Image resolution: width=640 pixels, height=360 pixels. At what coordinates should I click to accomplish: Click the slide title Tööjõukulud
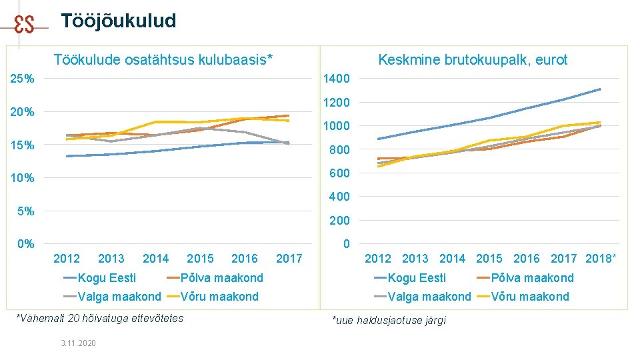pyautogui.click(x=119, y=21)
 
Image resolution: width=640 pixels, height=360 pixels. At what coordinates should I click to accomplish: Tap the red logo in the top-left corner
pyautogui.click(x=24, y=25)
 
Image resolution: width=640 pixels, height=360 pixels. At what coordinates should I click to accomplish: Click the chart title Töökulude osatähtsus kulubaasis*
pyautogui.click(x=163, y=59)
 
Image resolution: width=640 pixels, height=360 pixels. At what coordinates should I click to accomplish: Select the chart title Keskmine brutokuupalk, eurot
pyautogui.click(x=473, y=60)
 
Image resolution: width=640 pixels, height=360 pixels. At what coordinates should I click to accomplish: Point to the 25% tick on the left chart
pyautogui.click(x=22, y=79)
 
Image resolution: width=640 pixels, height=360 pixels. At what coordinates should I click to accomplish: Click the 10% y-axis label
pyautogui.click(x=22, y=178)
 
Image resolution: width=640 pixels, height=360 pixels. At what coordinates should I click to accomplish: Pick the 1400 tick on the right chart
pyautogui.click(x=336, y=79)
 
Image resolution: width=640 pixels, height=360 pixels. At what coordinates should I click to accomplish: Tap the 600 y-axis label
pyautogui.click(x=339, y=173)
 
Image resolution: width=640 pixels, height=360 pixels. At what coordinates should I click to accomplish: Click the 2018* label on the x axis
pyautogui.click(x=601, y=259)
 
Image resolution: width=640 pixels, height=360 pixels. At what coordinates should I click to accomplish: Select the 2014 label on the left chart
pyautogui.click(x=155, y=259)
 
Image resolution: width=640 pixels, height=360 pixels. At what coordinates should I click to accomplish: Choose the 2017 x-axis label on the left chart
pyautogui.click(x=289, y=259)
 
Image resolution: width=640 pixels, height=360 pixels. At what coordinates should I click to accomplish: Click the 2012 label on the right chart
pyautogui.click(x=377, y=259)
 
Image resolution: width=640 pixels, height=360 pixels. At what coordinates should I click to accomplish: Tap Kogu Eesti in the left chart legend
pyautogui.click(x=107, y=278)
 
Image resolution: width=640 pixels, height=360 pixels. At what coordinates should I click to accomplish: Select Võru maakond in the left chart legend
pyautogui.click(x=219, y=296)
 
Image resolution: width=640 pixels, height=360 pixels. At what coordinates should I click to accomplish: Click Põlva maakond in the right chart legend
pyautogui.click(x=532, y=278)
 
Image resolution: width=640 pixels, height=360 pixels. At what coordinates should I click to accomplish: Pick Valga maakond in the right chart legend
pyautogui.click(x=429, y=296)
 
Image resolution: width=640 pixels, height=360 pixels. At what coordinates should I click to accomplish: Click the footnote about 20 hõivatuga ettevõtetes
pyautogui.click(x=100, y=319)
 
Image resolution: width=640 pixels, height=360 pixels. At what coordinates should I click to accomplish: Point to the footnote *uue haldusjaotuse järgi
pyautogui.click(x=389, y=321)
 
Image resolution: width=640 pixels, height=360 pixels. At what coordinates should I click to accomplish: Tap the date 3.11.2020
pyautogui.click(x=79, y=343)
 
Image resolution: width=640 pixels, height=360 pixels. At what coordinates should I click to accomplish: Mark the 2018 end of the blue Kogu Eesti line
pyautogui.click(x=601, y=89)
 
